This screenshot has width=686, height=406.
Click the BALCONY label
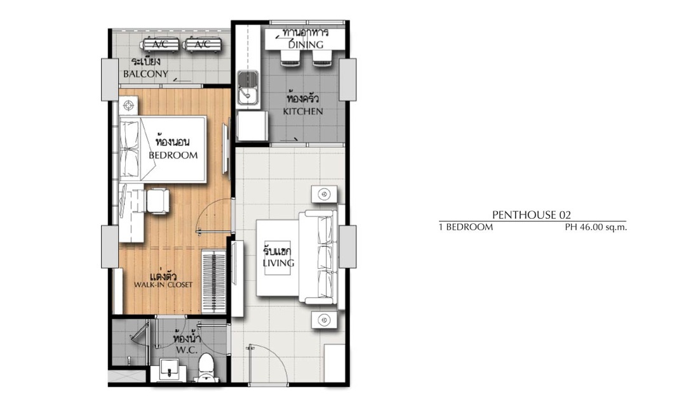(x=145, y=74)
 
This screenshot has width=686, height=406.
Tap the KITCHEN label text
(x=303, y=111)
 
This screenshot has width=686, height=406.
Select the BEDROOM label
(x=173, y=155)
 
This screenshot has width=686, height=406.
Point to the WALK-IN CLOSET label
(x=163, y=285)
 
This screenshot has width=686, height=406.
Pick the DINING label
(x=306, y=44)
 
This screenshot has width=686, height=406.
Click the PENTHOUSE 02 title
(x=532, y=214)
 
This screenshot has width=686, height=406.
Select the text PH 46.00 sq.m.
(x=596, y=227)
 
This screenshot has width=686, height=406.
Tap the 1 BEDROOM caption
(x=466, y=227)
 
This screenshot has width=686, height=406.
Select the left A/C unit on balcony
(x=160, y=44)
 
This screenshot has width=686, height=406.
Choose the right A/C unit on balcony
(x=203, y=44)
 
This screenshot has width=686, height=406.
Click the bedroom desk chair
(x=158, y=201)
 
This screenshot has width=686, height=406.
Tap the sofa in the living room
(x=319, y=257)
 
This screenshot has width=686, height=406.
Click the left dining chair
(x=289, y=57)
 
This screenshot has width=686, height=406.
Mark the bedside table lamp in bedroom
(x=128, y=105)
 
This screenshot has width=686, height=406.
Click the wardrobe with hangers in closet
(x=215, y=281)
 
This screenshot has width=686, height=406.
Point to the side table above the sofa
(x=324, y=193)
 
